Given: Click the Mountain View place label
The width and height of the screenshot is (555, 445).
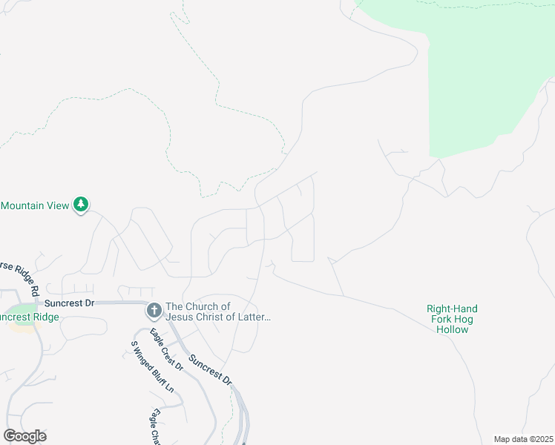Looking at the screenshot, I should coord(35,205).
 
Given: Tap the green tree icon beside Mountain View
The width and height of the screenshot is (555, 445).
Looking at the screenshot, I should coord(81,205).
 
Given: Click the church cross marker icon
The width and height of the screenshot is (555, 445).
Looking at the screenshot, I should coord(154,310).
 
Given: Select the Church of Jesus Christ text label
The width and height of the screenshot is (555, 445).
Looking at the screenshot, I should coord(217,311).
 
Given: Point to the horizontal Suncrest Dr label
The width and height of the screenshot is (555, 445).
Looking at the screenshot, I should coord(70,303).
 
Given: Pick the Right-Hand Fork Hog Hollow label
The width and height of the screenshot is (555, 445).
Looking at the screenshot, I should coord(452,319).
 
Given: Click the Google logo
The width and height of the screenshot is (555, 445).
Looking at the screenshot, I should coord(25,436).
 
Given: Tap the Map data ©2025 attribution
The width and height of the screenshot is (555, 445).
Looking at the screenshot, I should coord(523,439).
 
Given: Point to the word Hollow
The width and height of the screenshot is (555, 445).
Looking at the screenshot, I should coord(452,329).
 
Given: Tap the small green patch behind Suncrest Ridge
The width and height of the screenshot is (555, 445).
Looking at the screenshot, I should coord(22,309).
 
